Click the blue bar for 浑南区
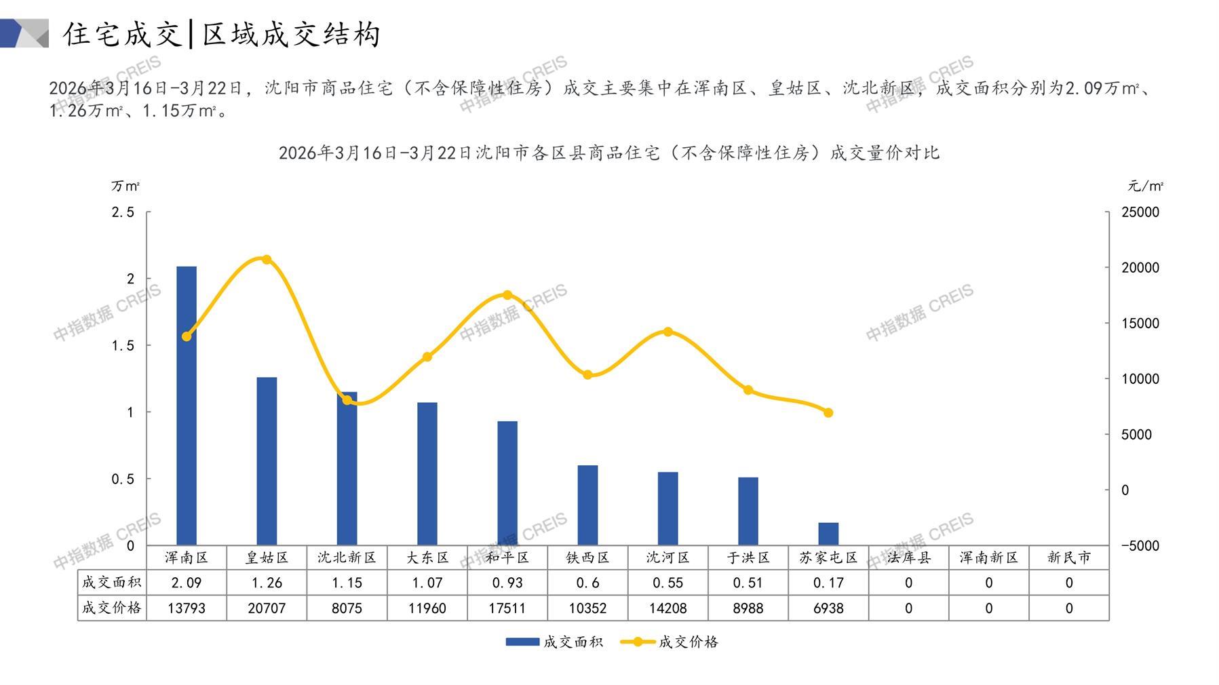point(187,406)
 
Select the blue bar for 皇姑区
point(267,461)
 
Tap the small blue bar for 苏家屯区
point(828,534)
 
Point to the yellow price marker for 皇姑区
point(267,260)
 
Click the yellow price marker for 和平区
point(507,295)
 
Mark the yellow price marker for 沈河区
point(668,332)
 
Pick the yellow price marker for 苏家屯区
point(828,412)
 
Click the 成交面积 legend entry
point(554,642)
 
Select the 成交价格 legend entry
point(670,642)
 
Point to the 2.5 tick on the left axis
point(123,212)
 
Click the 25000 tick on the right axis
point(1140,212)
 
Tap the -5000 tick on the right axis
point(1140,545)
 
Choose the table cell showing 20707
point(267,608)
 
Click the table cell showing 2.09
point(187,583)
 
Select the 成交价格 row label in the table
point(112,608)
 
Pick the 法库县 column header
point(908,557)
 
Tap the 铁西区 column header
point(587,557)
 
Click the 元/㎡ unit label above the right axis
point(1146,186)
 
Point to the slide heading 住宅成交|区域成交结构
point(222,34)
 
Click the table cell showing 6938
point(828,608)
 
